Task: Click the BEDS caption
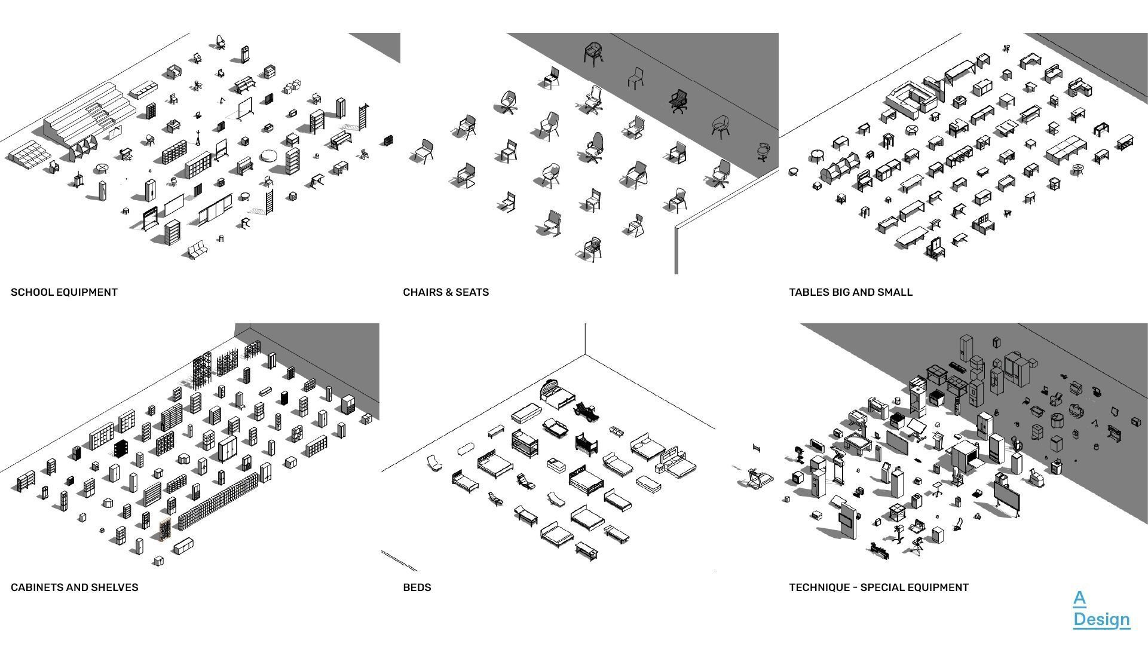coord(417,587)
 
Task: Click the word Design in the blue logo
coord(1101,620)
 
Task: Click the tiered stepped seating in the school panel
coord(90,114)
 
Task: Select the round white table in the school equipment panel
coord(268,156)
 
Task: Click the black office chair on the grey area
coord(678,101)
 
